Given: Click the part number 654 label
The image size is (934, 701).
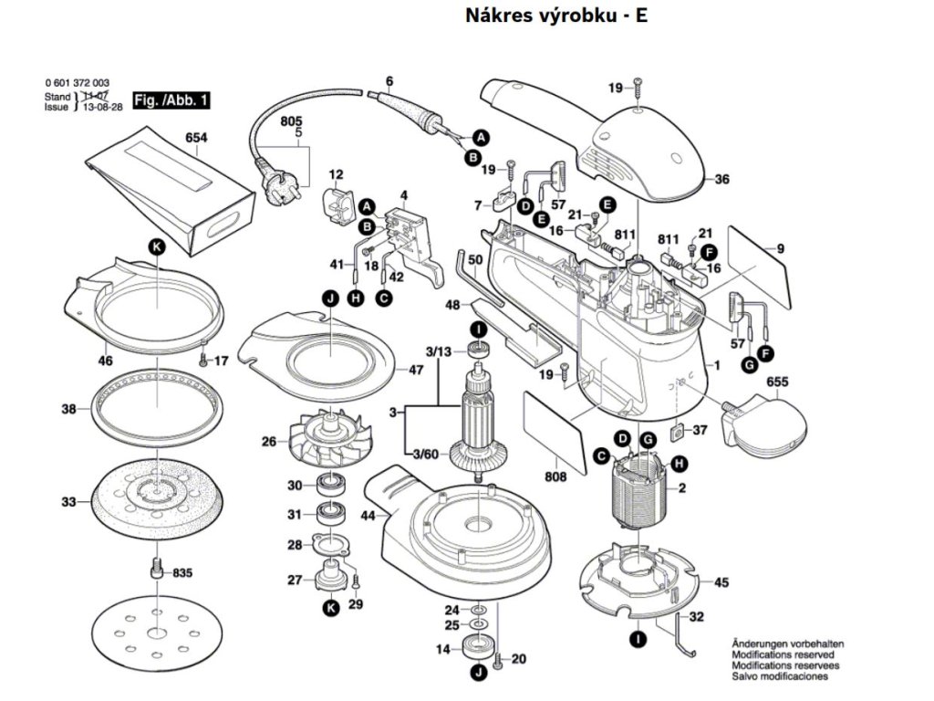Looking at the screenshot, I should pos(196,139).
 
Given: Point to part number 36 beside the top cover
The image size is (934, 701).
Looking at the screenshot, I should pos(721,180).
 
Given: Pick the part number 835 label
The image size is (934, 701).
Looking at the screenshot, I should pos(182,573).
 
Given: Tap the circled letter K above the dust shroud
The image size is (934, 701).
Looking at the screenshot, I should pos(156,246).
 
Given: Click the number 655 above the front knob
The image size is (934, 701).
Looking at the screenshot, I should pos(777,382).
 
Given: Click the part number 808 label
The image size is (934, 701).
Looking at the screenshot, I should pos(555,476).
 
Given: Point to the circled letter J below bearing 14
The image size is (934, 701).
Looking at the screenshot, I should pos(475,674).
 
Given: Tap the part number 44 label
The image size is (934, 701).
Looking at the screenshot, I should pos(368,516).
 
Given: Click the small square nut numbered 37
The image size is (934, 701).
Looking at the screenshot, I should pos(676,431).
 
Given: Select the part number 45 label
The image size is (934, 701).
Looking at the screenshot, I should pos(721,582).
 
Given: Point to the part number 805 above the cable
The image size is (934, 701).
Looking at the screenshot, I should pos(291,121).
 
